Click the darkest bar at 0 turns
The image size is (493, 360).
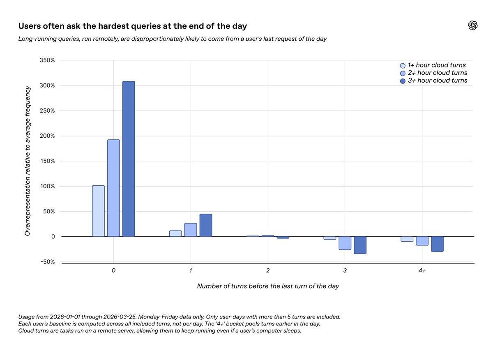pyautogui.click(x=129, y=159)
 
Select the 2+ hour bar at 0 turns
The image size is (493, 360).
pyautogui.click(x=113, y=188)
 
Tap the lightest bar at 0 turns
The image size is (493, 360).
pyautogui.click(x=98, y=211)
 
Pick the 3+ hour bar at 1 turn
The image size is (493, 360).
pyautogui.click(x=206, y=225)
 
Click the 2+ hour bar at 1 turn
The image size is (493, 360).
pyautogui.click(x=191, y=230)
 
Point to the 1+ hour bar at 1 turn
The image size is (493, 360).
pyautogui.click(x=175, y=233)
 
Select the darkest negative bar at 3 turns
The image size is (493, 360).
pyautogui.click(x=360, y=245)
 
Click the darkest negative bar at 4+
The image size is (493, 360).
pyautogui.click(x=437, y=244)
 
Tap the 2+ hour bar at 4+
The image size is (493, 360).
pyautogui.click(x=422, y=241)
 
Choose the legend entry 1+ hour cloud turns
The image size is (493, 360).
pyautogui.click(x=433, y=65)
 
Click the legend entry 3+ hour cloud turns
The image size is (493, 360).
pyautogui.click(x=433, y=81)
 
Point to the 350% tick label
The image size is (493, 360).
pyautogui.click(x=46, y=60)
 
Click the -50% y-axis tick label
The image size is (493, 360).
pyautogui.click(x=46, y=262)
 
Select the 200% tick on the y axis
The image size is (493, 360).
pyautogui.click(x=46, y=136)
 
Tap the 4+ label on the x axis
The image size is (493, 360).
pyautogui.click(x=422, y=270)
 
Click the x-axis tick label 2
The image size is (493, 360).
pyautogui.click(x=268, y=270)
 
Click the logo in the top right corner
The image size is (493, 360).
pyautogui.click(x=473, y=25)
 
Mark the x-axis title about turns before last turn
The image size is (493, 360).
pyautogui.click(x=268, y=286)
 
